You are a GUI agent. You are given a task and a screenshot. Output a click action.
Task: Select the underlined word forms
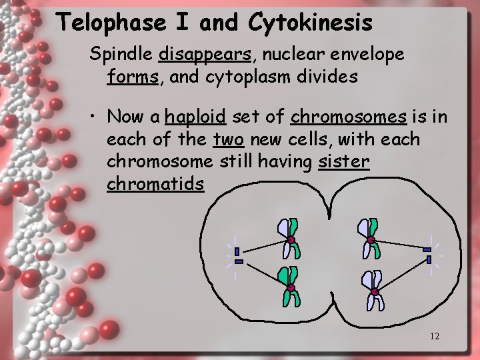[132, 77]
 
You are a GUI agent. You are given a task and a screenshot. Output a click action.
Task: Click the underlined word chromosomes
[349, 117]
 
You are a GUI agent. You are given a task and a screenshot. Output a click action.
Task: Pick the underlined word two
[227, 139]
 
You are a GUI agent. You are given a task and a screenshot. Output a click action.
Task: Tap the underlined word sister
[344, 162]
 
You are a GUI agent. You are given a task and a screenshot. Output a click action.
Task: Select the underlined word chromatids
[155, 184]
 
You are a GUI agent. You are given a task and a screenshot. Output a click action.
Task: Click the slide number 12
[434, 336]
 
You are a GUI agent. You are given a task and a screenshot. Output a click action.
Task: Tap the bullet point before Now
[97, 118]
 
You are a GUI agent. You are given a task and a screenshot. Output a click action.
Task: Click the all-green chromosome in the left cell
[290, 287]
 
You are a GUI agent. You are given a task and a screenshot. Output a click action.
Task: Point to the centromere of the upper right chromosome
[371, 239]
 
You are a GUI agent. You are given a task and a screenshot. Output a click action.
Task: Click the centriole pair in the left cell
[237, 256]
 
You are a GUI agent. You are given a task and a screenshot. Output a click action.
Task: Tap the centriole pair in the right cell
[428, 254]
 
